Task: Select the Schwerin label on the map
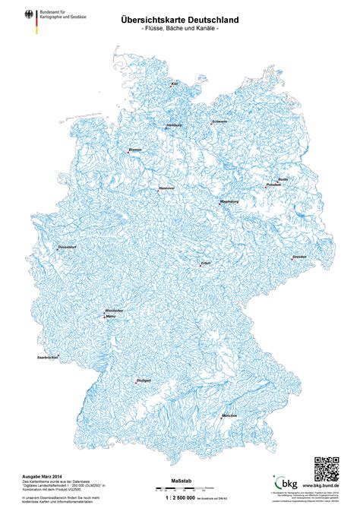pyautogui.click(x=219, y=121)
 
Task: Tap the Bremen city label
pyautogui.click(x=135, y=150)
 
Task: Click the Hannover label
pyautogui.click(x=166, y=188)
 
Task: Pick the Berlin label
pyautogui.click(x=283, y=179)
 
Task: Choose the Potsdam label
pyautogui.click(x=273, y=185)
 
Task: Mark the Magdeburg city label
pyautogui.click(x=229, y=201)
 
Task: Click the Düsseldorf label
pyautogui.click(x=68, y=248)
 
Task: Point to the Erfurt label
pyautogui.click(x=205, y=263)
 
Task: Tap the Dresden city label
pyautogui.click(x=299, y=257)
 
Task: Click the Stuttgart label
pyautogui.click(x=144, y=379)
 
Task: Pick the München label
pyautogui.click(x=230, y=416)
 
